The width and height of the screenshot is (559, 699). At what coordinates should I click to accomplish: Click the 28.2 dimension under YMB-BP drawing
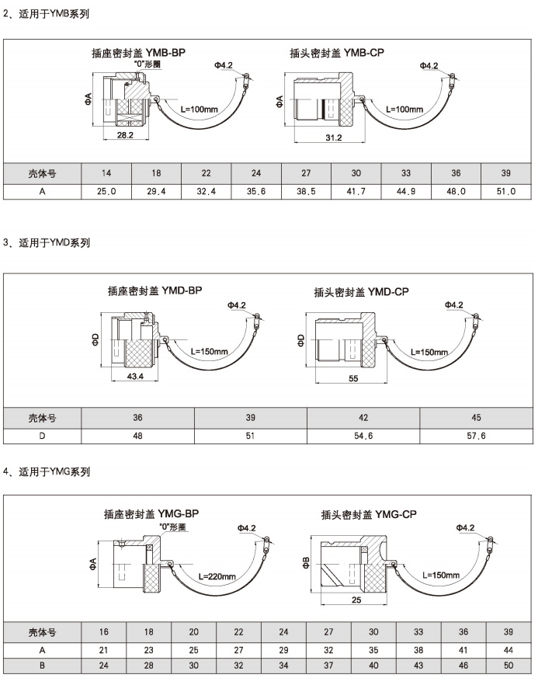pos(124,135)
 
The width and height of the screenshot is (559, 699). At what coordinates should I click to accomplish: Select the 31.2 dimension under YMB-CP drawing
pos(334,137)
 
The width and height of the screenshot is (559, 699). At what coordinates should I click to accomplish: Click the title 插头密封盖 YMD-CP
pos(361,292)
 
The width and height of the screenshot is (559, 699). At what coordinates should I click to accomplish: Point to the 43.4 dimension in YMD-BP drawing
pos(136,376)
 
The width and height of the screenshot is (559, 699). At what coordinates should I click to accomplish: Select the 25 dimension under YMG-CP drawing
pos(356,600)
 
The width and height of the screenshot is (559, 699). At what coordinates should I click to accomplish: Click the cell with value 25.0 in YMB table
pos(106,190)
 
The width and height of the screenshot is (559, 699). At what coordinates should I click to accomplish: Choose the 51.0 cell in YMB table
pos(505,190)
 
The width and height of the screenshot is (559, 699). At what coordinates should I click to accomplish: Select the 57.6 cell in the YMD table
pos(476,436)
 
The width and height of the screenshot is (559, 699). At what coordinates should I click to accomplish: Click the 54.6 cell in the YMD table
pos(363,436)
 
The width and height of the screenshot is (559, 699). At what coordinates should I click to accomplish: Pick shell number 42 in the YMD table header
pos(363,417)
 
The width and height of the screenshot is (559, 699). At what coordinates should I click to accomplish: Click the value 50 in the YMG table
pos(509,666)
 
